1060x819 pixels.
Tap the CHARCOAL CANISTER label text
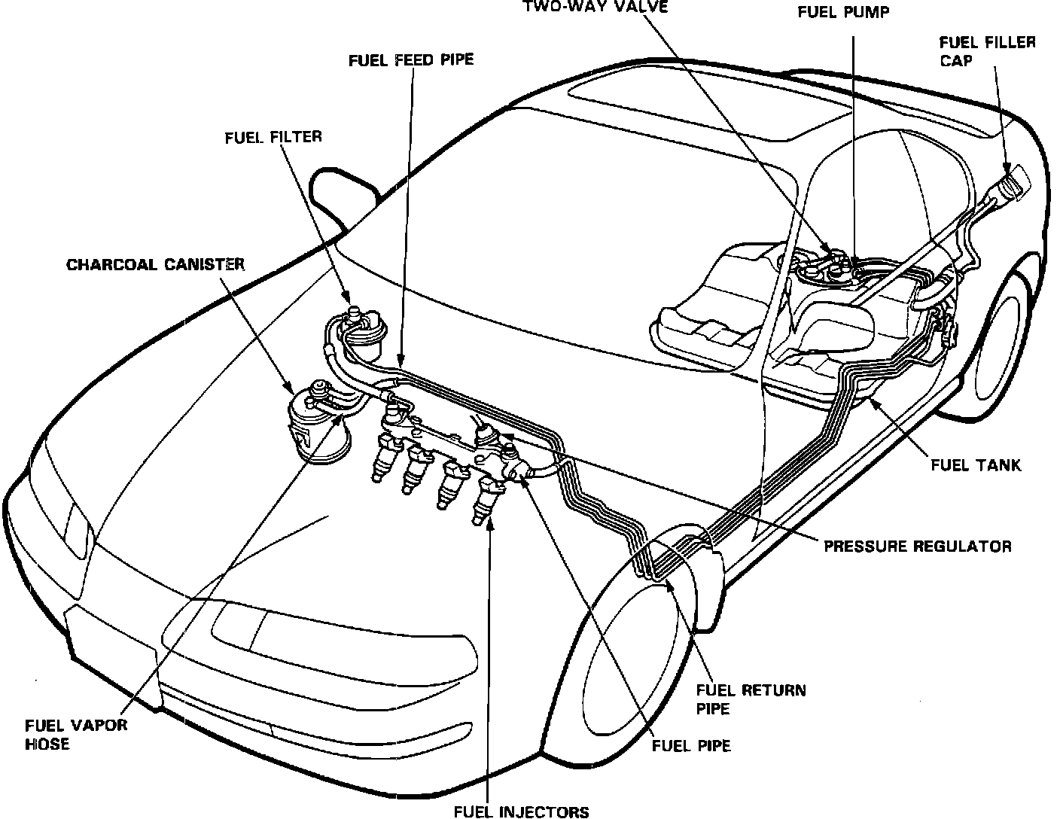pos(155,265)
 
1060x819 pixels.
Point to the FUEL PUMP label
pos(843,13)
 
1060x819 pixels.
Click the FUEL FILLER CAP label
pos(987,51)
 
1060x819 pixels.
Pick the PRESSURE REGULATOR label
pos(917,547)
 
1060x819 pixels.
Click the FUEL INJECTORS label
pos(522,811)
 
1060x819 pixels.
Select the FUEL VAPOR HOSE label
pos(76,735)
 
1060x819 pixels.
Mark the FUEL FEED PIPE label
pos(411,59)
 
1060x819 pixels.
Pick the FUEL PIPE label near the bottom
pos(690,746)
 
